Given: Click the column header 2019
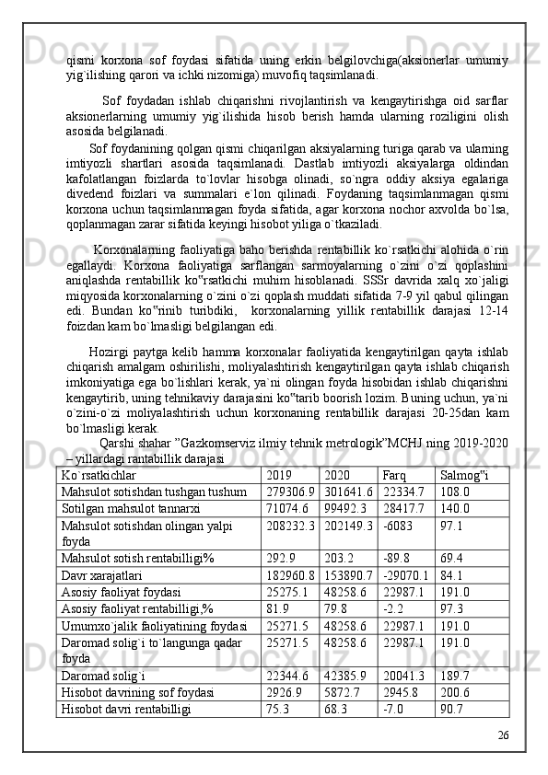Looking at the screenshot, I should coord(276,476).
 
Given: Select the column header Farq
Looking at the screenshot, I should coord(393,476).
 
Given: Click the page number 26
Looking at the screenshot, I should coord(502,759).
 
